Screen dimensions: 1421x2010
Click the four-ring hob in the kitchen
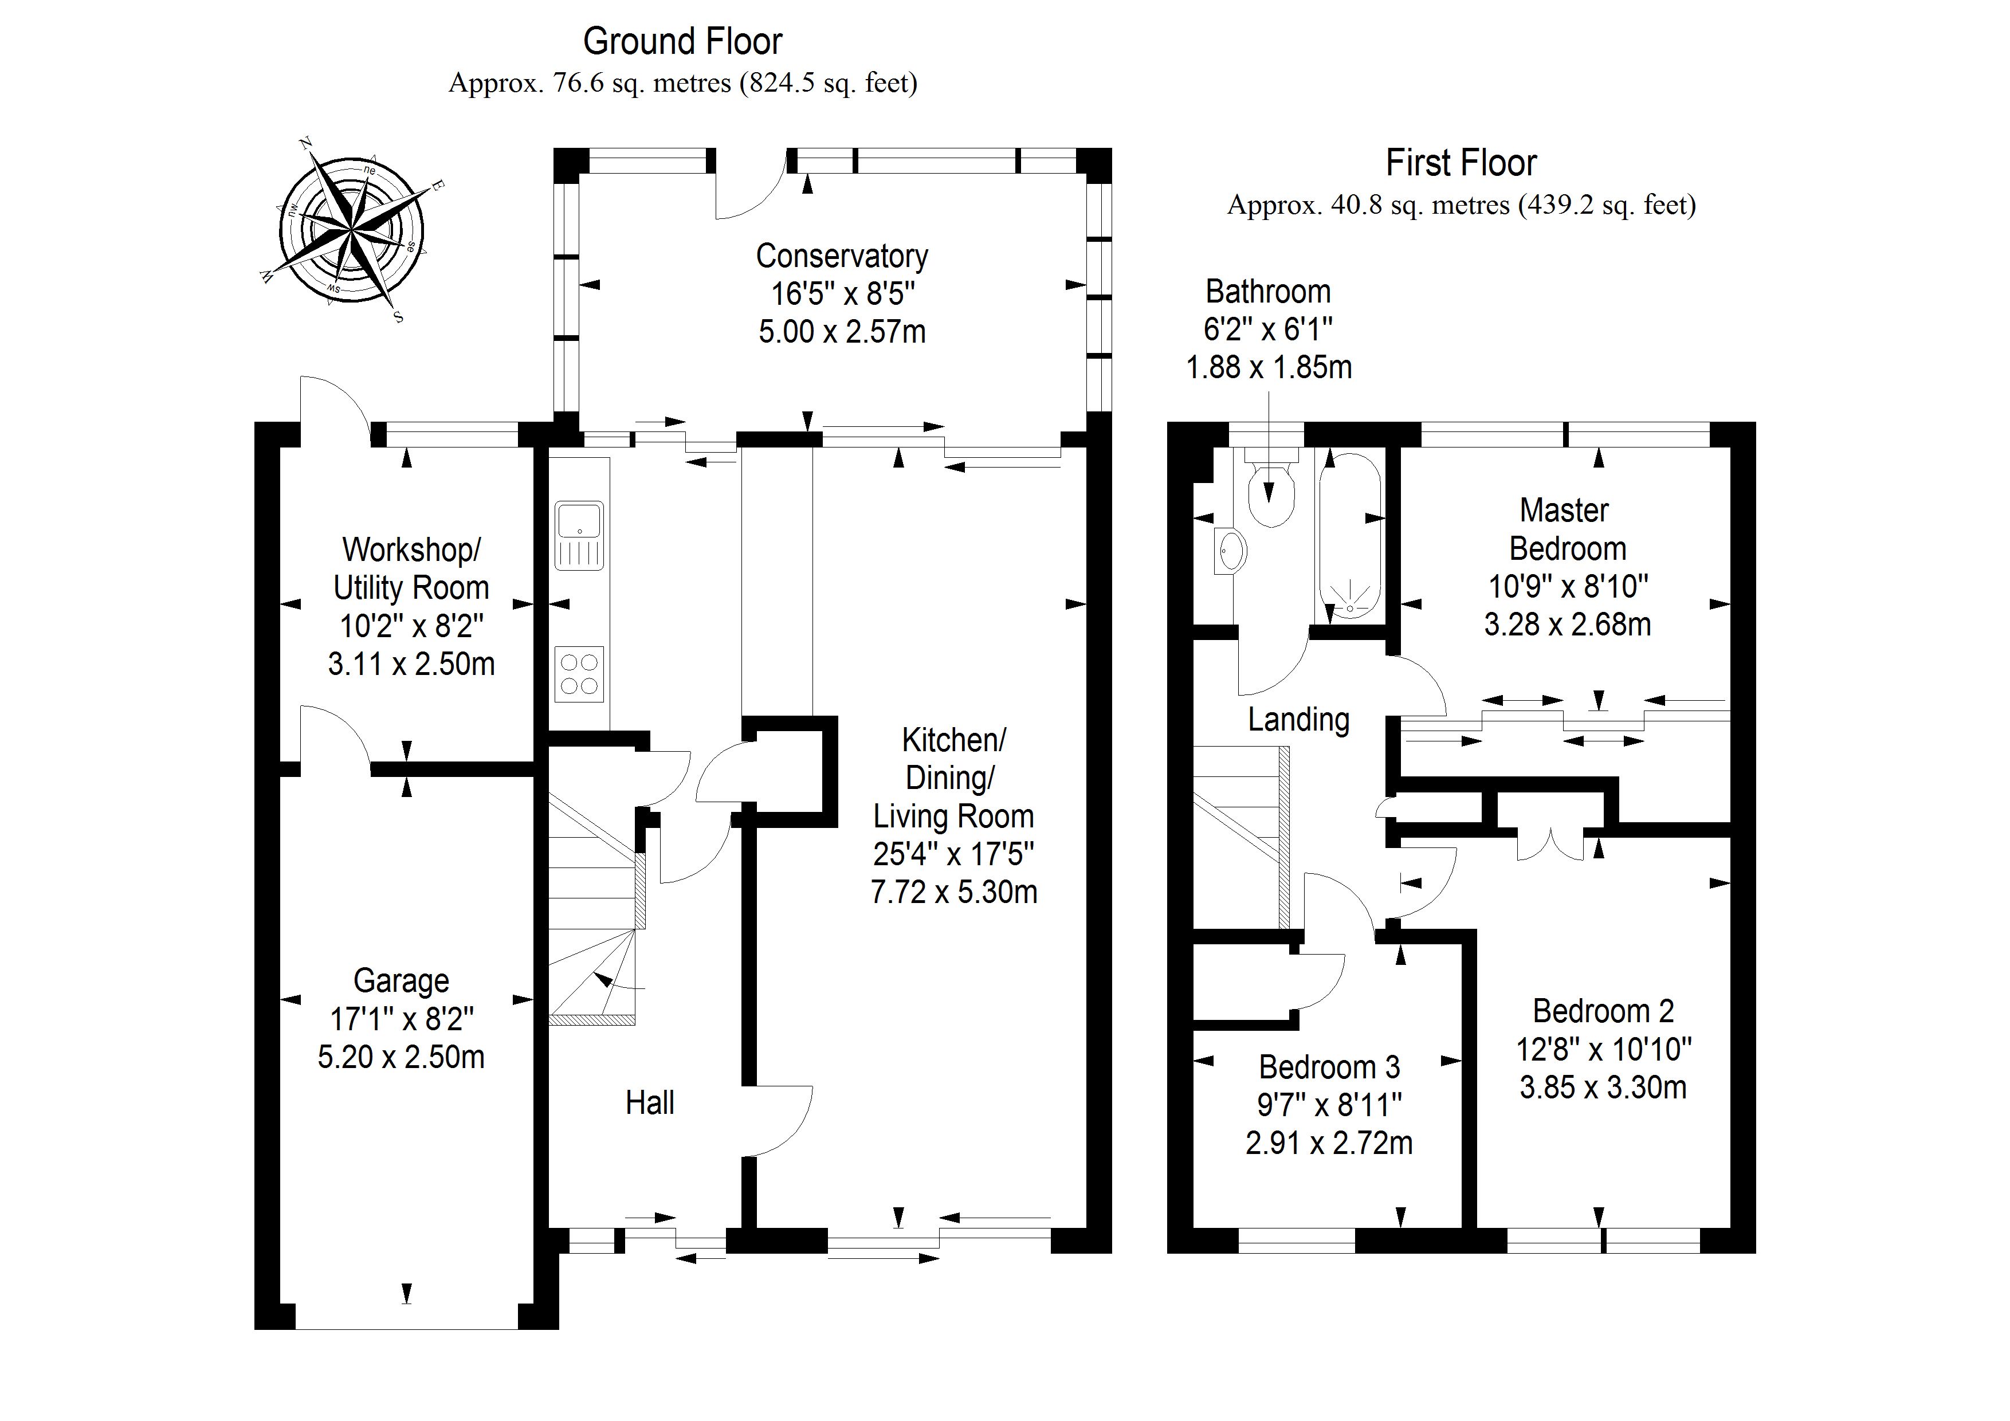579,674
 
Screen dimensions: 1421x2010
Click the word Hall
650,1103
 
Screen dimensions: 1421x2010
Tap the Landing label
1298,720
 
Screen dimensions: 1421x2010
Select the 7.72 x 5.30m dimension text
953,892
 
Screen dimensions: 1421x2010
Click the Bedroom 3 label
1329,1067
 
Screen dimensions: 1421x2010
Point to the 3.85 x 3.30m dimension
1603,1088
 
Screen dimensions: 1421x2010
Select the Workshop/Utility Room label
411,569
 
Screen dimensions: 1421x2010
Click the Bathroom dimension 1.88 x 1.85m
1269,367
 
